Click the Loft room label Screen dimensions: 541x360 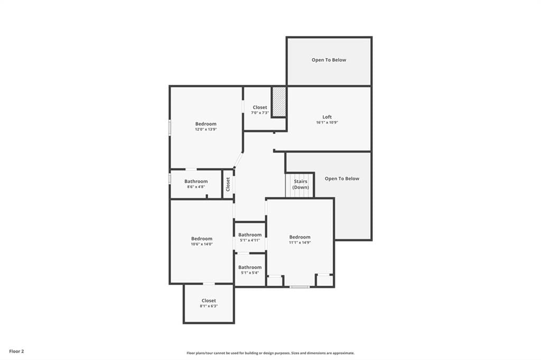click(x=327, y=117)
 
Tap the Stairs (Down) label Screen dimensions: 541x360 click(x=301, y=184)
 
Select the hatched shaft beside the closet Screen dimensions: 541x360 click(x=279, y=102)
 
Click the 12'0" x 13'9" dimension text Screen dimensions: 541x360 click(x=206, y=129)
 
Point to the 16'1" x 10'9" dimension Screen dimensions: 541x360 click(x=327, y=122)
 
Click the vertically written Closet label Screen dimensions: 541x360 click(x=228, y=184)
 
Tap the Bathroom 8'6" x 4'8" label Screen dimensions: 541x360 click(x=196, y=184)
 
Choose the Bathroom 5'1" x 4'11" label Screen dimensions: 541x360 click(x=250, y=237)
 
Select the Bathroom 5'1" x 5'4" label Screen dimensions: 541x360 click(x=250, y=270)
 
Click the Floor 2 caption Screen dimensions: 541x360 click(x=16, y=352)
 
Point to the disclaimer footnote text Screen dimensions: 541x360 click(x=270, y=353)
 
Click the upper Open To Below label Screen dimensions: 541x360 click(x=329, y=60)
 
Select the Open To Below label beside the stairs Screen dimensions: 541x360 click(x=342, y=178)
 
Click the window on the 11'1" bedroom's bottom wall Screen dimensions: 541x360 click(x=299, y=287)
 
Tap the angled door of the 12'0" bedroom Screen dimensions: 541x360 click(x=238, y=160)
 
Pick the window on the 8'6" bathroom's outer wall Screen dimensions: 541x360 click(x=170, y=178)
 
